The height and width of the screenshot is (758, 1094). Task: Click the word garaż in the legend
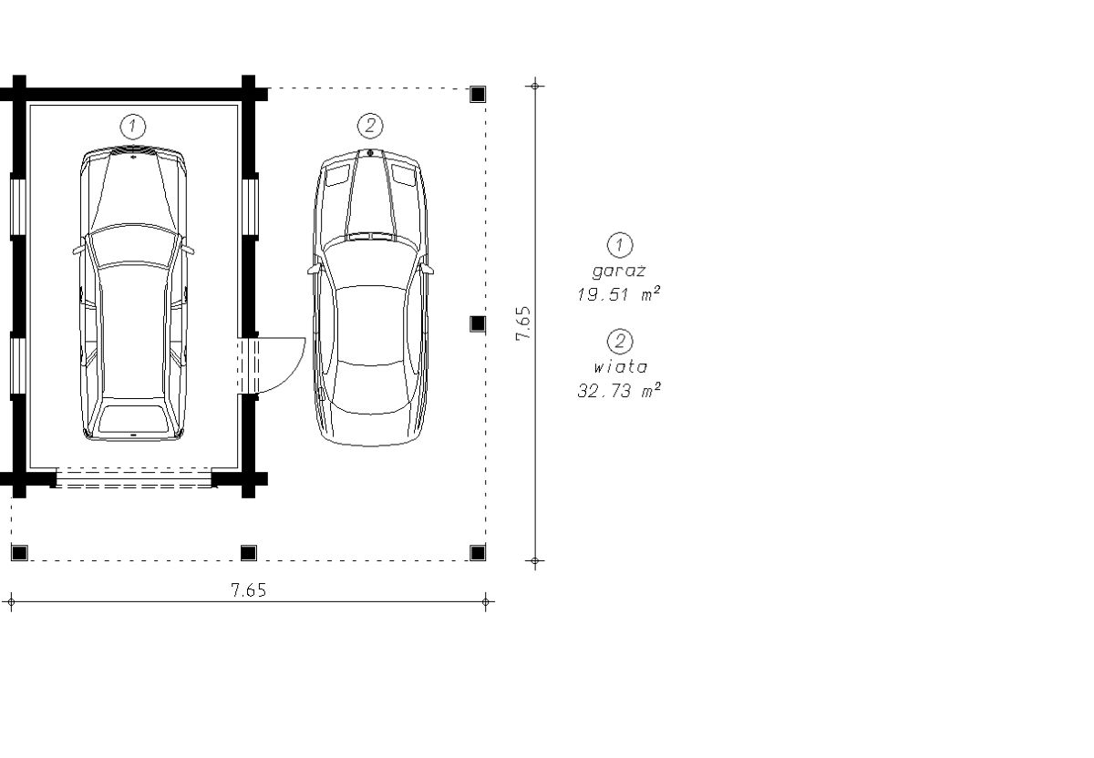pos(619,271)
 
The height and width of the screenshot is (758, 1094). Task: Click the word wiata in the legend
pos(620,366)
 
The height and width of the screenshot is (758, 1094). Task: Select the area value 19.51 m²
pos(619,294)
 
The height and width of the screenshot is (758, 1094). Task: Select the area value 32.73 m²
pos(619,391)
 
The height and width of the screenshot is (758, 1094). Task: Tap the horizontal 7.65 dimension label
pos(249,590)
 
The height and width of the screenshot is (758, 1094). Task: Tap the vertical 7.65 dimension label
pos(523,323)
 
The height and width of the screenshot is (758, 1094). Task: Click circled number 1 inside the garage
pos(132,127)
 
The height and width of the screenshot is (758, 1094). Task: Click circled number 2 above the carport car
pos(370,126)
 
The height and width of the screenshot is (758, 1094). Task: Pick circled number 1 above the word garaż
pos(620,245)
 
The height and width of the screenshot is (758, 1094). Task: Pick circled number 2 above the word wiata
pos(620,341)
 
